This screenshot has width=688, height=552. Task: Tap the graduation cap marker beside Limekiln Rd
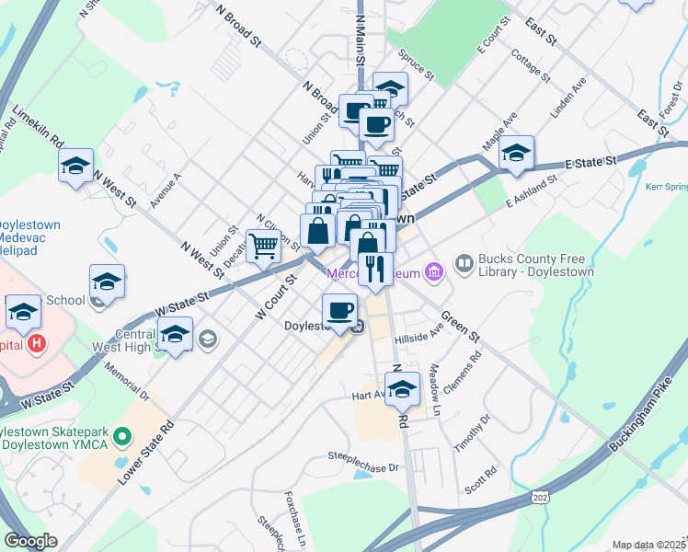point(75,166)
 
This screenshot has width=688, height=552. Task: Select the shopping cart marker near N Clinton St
point(264,246)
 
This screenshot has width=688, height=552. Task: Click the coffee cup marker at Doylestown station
point(340,310)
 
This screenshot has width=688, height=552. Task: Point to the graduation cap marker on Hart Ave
point(402,388)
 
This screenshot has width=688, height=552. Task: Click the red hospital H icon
point(37,344)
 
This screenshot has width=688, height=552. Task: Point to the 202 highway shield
point(541,498)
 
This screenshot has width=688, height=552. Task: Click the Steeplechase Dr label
point(364,461)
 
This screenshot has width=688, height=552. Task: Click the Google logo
point(30,541)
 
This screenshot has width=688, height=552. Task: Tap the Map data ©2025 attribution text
point(648,545)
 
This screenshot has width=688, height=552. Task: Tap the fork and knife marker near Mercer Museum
point(374,270)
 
